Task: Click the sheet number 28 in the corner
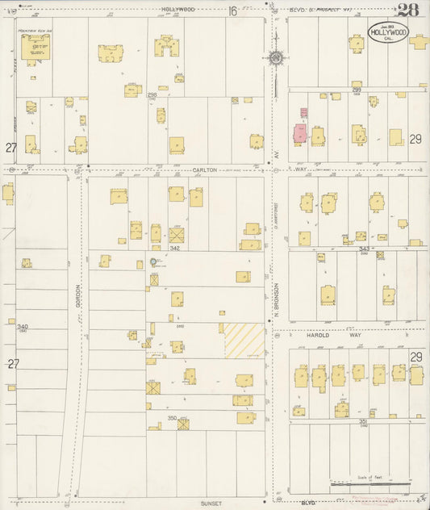pos(408,10)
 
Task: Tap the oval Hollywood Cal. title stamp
pos(388,32)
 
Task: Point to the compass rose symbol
pos(277,57)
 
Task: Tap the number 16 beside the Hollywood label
pos(232,10)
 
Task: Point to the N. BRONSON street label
pos(276,299)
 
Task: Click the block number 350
pos(173,416)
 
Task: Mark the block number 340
pos(23,326)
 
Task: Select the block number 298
pos(152,95)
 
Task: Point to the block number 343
pos(364,249)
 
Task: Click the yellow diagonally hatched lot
pos(244,341)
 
